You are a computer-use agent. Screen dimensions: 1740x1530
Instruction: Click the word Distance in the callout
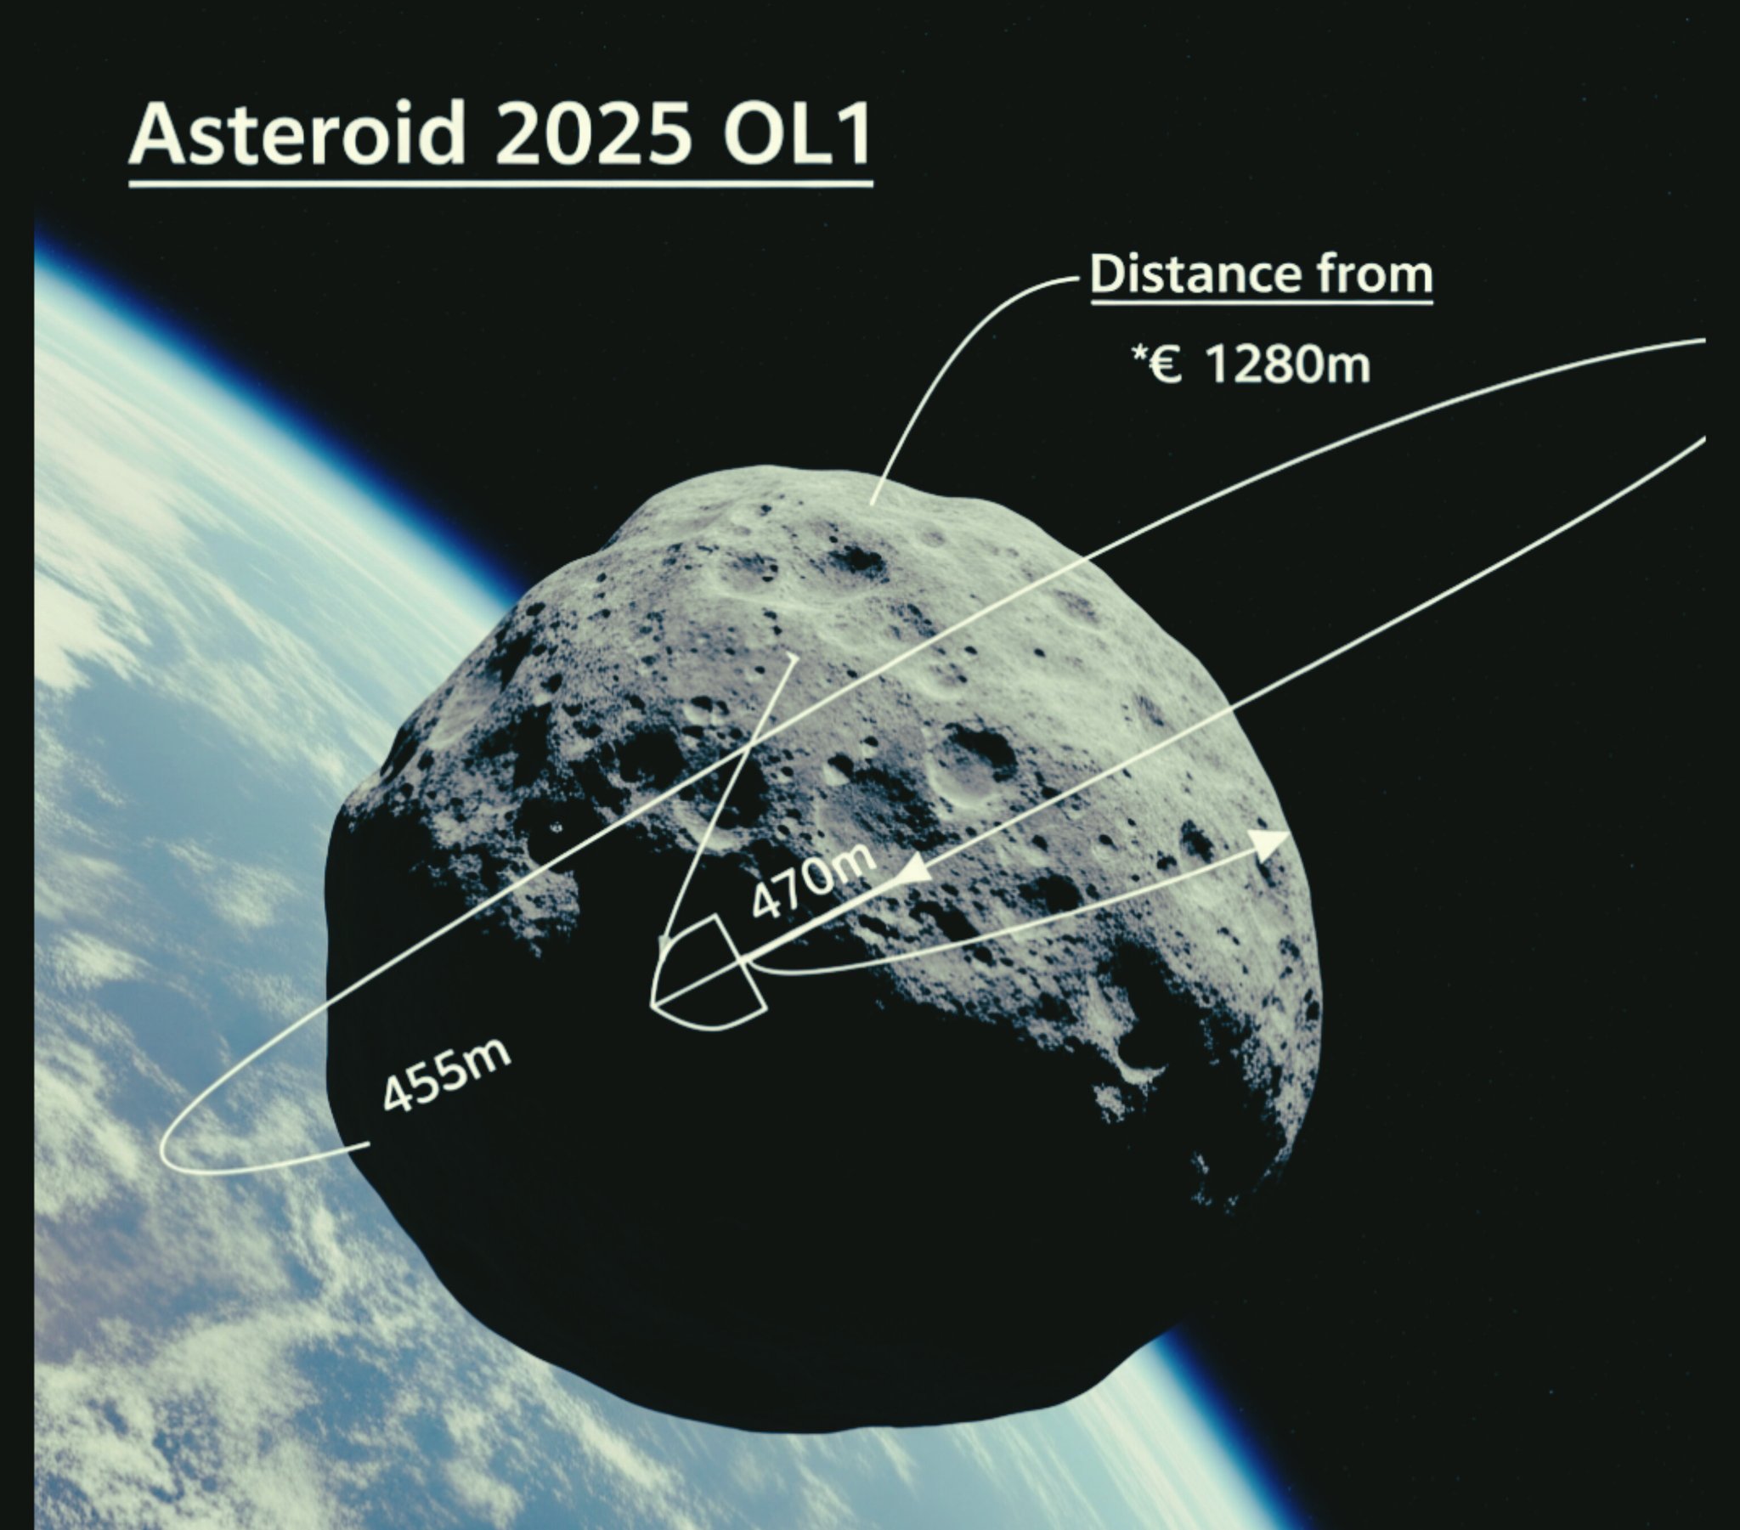1196,274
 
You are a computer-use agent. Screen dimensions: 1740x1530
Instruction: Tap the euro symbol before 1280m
1167,366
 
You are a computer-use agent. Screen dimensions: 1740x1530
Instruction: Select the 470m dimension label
812,882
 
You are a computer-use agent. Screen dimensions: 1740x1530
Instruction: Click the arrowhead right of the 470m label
913,869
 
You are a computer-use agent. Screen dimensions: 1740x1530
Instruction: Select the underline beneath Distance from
1263,299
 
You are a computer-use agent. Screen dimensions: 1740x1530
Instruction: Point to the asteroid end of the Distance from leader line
873,503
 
